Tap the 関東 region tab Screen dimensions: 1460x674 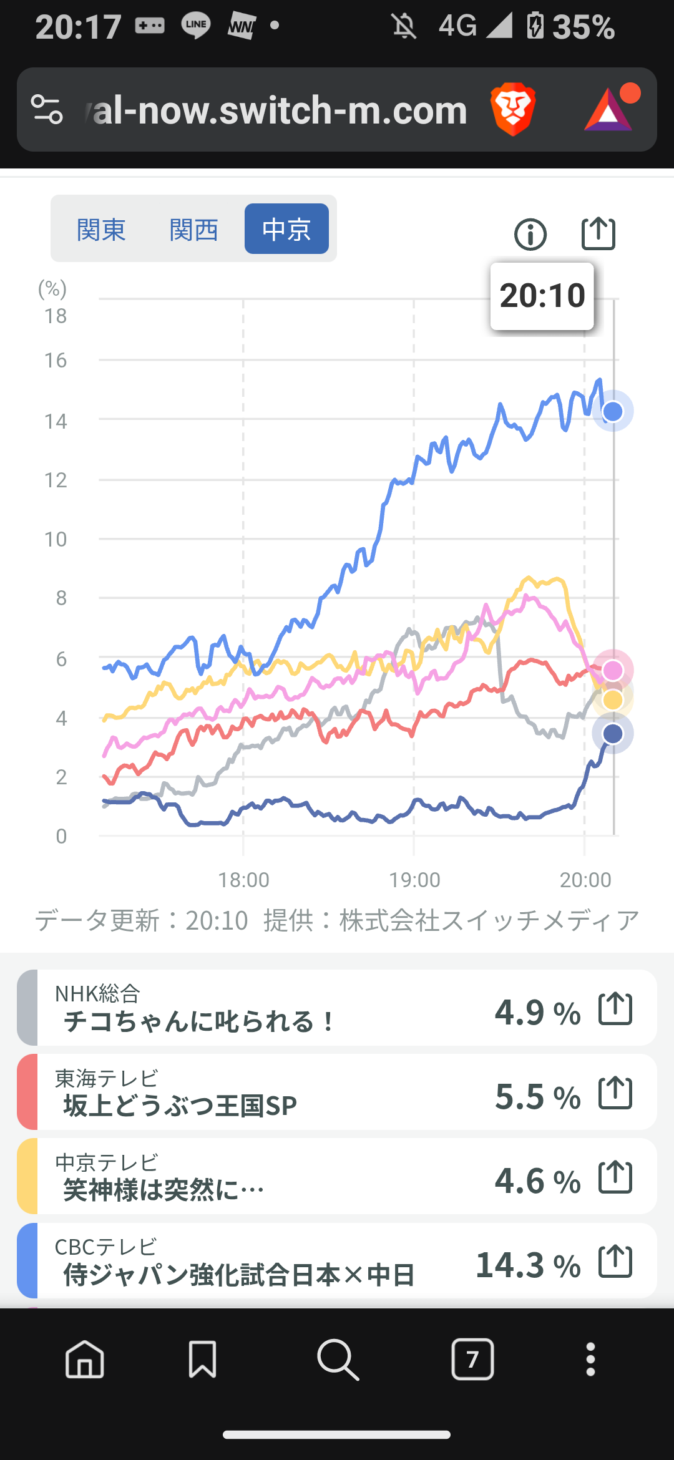click(x=101, y=230)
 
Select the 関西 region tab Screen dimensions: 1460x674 click(x=193, y=230)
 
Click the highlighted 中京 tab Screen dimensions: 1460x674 click(x=286, y=229)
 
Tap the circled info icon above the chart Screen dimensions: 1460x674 click(x=530, y=235)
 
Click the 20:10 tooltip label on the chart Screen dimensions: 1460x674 click(x=542, y=296)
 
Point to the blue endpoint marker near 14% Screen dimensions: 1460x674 click(x=613, y=412)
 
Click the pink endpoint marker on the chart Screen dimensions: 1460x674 click(x=613, y=670)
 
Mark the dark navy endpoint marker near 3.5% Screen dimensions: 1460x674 click(x=613, y=734)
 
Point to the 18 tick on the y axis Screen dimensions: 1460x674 click(x=56, y=316)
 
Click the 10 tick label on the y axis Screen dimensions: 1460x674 click(x=56, y=539)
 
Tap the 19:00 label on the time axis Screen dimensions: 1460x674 click(x=414, y=880)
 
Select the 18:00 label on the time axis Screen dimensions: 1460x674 click(x=243, y=880)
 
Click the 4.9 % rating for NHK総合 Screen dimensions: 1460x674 click(x=537, y=1012)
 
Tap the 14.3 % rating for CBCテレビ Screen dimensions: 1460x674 click(x=528, y=1265)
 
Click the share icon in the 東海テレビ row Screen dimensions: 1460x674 click(x=615, y=1093)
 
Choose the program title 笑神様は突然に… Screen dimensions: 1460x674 click(x=164, y=1190)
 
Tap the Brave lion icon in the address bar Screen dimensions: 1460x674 click(x=513, y=110)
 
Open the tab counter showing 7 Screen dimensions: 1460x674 click(x=472, y=1359)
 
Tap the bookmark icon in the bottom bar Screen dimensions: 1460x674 click(x=202, y=1359)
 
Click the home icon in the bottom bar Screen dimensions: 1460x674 click(x=85, y=1359)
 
